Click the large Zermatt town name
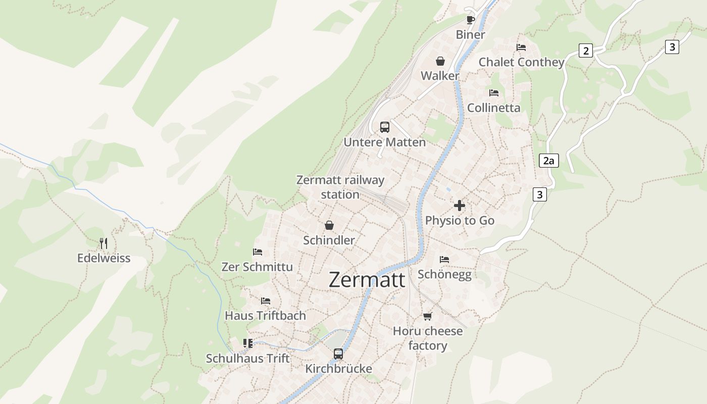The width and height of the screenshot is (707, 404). (367, 280)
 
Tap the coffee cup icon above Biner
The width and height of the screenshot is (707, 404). (470, 20)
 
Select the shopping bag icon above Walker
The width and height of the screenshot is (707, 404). (440, 61)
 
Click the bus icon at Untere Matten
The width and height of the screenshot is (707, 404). (385, 127)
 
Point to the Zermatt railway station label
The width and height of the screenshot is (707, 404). (340, 187)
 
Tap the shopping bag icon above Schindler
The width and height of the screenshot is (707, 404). (329, 225)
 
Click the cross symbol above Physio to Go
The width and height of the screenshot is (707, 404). (460, 206)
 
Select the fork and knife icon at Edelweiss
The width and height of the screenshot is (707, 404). (104, 243)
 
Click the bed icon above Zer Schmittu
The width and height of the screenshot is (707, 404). (258, 251)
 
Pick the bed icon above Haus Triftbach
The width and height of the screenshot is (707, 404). (266, 301)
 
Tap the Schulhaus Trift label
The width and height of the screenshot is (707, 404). (247, 359)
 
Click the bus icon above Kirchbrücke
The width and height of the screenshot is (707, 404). (338, 354)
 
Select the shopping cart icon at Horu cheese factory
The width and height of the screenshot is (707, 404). (428, 317)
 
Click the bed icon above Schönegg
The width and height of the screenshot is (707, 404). (444, 260)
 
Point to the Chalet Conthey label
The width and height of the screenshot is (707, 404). (521, 62)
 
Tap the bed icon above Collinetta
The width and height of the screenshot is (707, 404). (494, 93)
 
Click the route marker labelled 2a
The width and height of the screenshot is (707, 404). (548, 161)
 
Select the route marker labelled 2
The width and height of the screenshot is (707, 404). (585, 50)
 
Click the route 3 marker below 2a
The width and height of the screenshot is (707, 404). (540, 194)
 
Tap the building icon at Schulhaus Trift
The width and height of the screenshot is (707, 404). (247, 344)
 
